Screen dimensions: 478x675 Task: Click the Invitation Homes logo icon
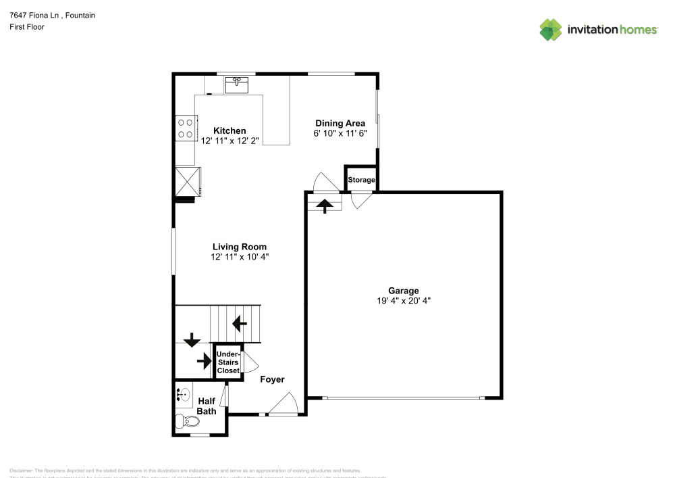pyautogui.click(x=551, y=29)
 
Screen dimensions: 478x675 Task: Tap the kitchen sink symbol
pyautogui.click(x=237, y=85)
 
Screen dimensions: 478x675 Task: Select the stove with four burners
pyautogui.click(x=186, y=128)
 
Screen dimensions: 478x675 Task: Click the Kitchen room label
pyautogui.click(x=230, y=130)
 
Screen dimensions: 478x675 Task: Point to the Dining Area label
pyautogui.click(x=340, y=123)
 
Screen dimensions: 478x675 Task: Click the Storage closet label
pyautogui.click(x=361, y=180)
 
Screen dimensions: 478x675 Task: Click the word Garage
pyautogui.click(x=404, y=290)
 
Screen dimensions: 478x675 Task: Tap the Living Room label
pyautogui.click(x=239, y=247)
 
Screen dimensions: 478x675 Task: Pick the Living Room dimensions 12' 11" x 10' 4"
pyautogui.click(x=239, y=257)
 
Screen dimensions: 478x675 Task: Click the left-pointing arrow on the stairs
pyautogui.click(x=239, y=324)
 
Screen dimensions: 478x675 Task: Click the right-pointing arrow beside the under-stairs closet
pyautogui.click(x=204, y=362)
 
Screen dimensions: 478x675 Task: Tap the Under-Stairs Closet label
pyautogui.click(x=227, y=362)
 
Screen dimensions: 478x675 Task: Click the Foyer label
pyautogui.click(x=272, y=379)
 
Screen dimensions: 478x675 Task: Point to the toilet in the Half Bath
pyautogui.click(x=188, y=422)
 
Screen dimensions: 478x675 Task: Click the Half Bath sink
pyautogui.click(x=183, y=393)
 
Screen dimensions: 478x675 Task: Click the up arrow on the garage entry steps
pyautogui.click(x=325, y=205)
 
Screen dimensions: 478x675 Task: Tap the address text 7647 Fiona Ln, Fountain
pyautogui.click(x=52, y=15)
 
